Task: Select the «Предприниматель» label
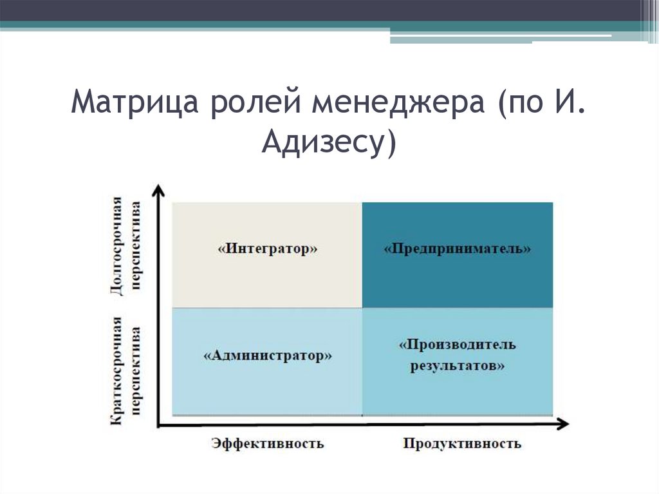[x=458, y=249]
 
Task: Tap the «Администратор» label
[x=268, y=356]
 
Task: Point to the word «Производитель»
[x=458, y=345]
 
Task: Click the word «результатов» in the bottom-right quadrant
[x=458, y=366]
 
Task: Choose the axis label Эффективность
[x=267, y=443]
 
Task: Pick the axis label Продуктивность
[x=462, y=444]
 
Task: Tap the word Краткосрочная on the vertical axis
[x=116, y=370]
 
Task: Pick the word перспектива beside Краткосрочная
[x=136, y=370]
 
